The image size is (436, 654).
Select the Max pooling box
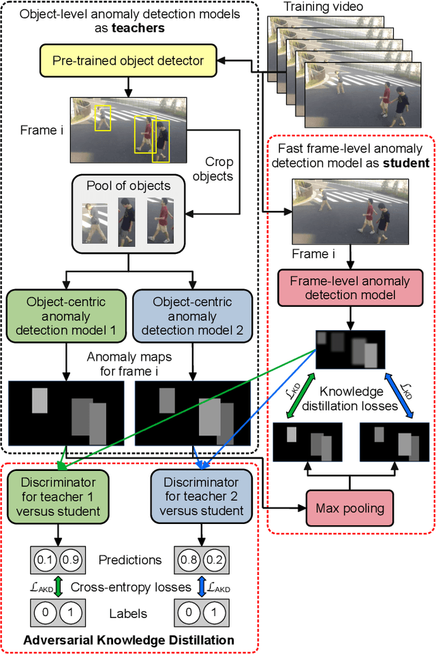coord(349,508)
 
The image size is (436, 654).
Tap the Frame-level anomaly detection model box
coord(349,288)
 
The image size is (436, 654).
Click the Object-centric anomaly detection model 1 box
coord(66,317)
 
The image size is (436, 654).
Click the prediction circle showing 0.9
coord(71,560)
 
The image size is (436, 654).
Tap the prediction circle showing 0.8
coord(185,560)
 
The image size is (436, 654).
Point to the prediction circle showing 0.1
coord(46,560)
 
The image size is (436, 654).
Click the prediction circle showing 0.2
coord(211,560)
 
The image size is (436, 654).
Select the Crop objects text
coord(219,169)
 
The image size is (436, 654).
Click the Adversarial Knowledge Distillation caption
coord(129,640)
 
